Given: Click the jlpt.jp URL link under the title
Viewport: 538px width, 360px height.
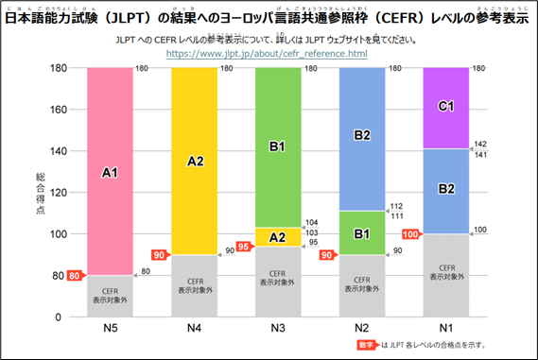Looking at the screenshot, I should (x=266, y=54).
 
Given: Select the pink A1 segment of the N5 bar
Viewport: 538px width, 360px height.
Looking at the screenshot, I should (x=110, y=172).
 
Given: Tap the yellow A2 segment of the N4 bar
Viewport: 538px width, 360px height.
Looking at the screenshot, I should (x=195, y=161).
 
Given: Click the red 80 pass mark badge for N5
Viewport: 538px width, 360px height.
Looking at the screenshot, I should (x=75, y=276).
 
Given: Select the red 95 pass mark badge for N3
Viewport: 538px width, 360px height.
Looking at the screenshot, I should (x=245, y=246).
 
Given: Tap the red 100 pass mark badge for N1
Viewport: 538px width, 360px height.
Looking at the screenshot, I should (x=412, y=234).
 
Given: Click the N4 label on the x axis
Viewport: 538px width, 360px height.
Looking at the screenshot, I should (x=195, y=328).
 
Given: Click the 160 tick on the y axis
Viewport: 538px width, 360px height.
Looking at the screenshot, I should (x=56, y=110).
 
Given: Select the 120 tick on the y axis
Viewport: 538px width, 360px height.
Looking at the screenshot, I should (x=56, y=193).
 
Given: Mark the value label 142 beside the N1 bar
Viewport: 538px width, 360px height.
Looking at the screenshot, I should (x=479, y=144).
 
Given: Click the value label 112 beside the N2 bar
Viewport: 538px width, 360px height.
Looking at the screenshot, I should (x=395, y=206).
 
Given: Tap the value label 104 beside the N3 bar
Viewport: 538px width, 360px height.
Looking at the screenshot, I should (x=310, y=223).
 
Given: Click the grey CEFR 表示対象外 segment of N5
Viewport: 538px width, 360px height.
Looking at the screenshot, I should (x=110, y=296).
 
